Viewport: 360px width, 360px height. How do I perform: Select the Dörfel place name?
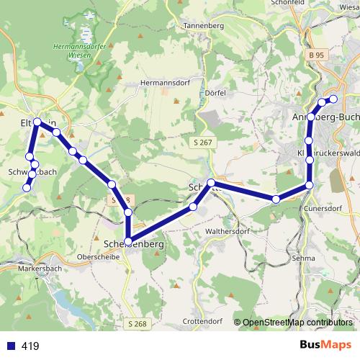click(x=215, y=94)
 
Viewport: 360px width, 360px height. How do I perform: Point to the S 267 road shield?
click(x=203, y=143)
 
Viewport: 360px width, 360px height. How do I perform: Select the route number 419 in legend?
click(x=30, y=346)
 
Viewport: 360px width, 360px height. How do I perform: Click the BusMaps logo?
click(x=325, y=346)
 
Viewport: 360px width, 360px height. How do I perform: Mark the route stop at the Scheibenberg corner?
click(x=128, y=241)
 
